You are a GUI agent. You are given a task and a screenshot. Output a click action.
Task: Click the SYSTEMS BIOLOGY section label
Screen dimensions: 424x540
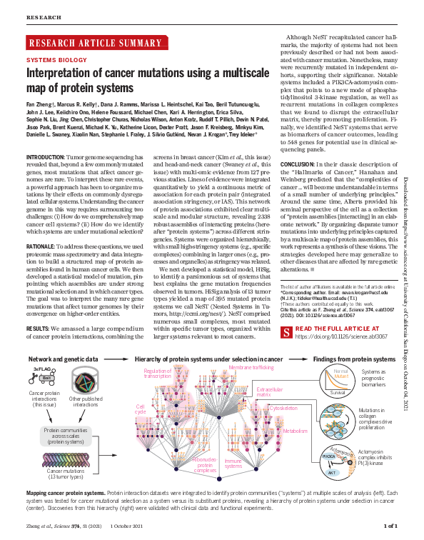point(52,61)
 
